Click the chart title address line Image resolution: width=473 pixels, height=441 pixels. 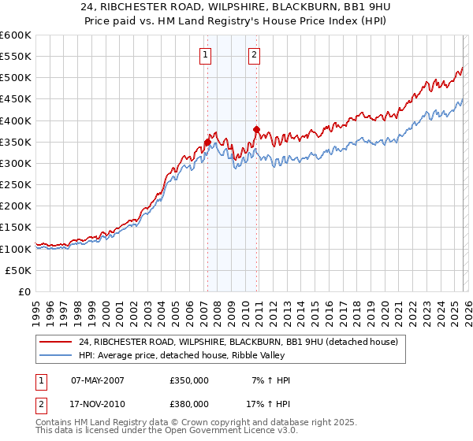pyautogui.click(x=236, y=8)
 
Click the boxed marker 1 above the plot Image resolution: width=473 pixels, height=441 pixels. pyautogui.click(x=205, y=55)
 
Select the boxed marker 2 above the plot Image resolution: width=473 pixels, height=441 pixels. pyautogui.click(x=255, y=55)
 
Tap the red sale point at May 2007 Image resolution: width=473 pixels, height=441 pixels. pyautogui.click(x=207, y=143)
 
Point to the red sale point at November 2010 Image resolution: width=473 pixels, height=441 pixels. pyautogui.click(x=256, y=129)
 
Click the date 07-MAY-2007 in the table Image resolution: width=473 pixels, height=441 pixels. pyautogui.click(x=98, y=380)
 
